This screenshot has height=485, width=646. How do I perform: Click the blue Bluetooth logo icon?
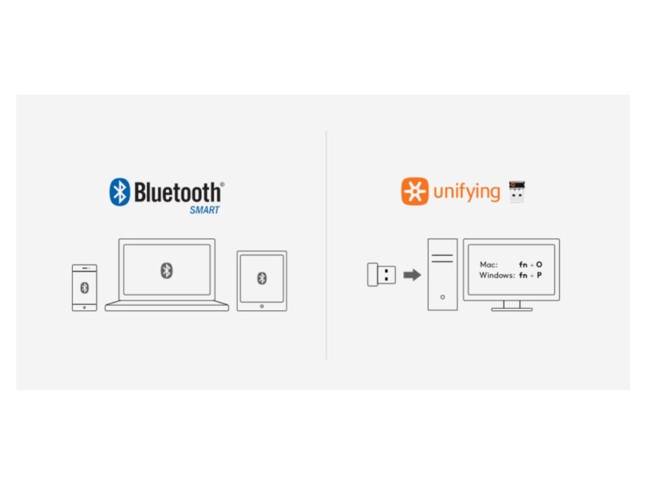(x=119, y=192)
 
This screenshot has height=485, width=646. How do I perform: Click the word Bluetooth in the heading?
(x=178, y=192)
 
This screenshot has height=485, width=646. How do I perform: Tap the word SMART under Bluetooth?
(x=204, y=210)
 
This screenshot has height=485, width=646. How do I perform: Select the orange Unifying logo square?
(x=414, y=191)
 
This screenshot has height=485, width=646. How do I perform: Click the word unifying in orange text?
(x=466, y=191)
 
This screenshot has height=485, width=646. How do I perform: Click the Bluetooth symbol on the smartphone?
(x=85, y=287)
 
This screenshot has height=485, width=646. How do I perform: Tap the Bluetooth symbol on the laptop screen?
(x=167, y=270)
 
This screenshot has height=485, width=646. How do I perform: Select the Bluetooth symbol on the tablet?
(x=262, y=278)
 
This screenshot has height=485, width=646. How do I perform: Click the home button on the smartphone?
(x=85, y=307)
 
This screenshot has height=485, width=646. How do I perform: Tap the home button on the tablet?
(x=262, y=306)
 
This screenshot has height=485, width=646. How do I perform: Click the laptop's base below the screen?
(x=167, y=307)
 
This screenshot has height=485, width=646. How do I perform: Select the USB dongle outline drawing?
(x=382, y=275)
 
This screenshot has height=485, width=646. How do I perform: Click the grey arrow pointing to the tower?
(x=412, y=275)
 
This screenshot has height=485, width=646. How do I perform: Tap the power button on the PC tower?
(x=442, y=296)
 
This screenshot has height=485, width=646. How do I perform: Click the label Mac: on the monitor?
(x=488, y=265)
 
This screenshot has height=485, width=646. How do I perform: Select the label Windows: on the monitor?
(x=497, y=276)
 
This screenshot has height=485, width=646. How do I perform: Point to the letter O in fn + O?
(x=539, y=265)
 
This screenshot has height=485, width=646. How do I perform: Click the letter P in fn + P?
(x=539, y=276)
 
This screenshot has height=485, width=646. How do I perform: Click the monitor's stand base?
(x=512, y=309)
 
